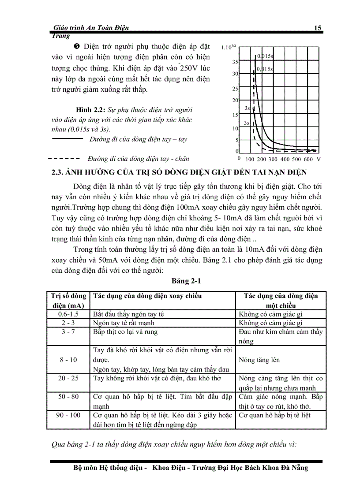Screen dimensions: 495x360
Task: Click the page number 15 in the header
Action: (x=317, y=28)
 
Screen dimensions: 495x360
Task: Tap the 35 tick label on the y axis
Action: (x=235, y=62)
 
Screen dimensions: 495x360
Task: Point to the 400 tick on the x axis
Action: (x=285, y=159)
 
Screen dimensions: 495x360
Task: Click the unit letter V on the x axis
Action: (x=318, y=159)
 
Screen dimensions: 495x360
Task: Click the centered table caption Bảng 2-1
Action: (x=187, y=281)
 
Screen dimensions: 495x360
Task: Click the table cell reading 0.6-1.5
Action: (x=68, y=314)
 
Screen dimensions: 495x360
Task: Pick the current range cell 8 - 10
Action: (x=68, y=360)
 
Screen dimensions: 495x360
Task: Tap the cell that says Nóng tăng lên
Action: (x=259, y=360)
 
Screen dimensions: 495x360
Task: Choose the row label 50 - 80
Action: (x=68, y=396)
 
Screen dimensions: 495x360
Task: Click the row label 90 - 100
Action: (x=68, y=415)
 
